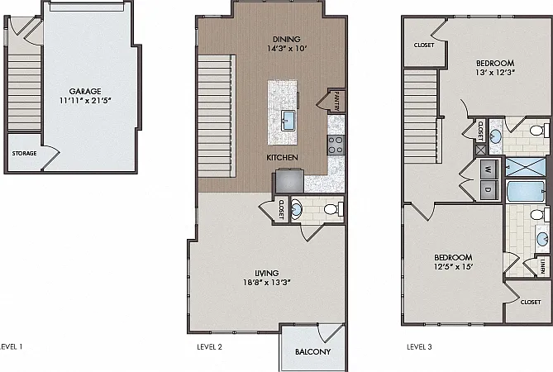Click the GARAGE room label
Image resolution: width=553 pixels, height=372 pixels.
85,91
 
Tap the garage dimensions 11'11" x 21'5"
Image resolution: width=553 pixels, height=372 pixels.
85,101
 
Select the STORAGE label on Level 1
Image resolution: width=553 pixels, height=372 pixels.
24,154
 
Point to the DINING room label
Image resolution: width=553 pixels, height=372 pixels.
287,39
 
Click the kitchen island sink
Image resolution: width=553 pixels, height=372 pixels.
288,120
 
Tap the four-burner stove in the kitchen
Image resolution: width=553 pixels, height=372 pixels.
336,145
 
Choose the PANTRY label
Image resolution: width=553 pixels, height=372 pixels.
336,101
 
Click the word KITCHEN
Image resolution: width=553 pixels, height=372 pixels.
282,158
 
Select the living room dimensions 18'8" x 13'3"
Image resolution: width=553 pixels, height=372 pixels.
267,283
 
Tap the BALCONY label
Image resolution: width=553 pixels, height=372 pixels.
312,351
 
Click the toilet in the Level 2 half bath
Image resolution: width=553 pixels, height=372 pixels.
333,209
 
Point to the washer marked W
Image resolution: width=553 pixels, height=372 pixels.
489,169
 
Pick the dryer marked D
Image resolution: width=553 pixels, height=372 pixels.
489,190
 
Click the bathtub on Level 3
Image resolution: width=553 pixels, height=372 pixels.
526,191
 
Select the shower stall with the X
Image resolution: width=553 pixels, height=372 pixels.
526,167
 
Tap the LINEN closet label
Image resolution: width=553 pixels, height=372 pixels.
543,266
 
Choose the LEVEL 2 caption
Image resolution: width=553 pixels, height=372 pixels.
209,347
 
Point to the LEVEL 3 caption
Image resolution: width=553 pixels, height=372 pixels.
419,347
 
